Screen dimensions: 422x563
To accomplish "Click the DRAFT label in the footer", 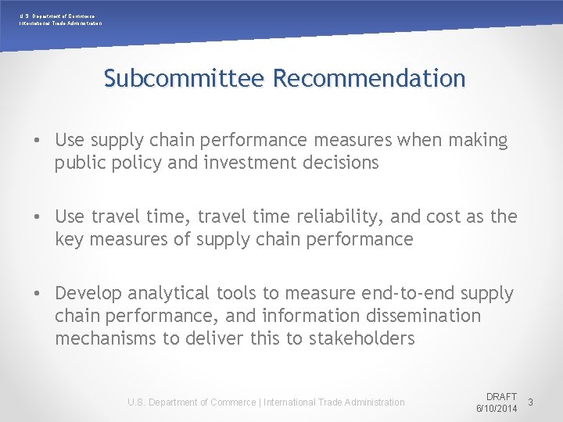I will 501,397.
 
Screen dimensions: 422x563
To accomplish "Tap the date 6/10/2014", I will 497,409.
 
